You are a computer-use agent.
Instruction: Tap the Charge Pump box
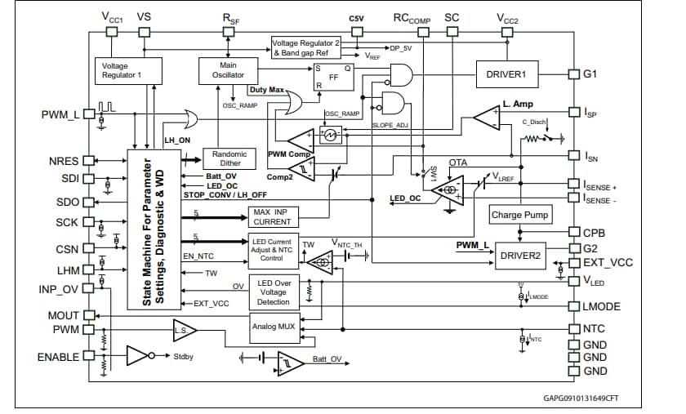click(520, 216)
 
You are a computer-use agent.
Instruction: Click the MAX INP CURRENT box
click(271, 216)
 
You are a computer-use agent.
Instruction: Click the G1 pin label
click(590, 73)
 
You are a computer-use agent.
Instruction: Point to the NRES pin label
click(64, 161)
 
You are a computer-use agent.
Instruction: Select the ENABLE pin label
click(59, 357)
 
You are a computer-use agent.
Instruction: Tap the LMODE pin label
click(602, 306)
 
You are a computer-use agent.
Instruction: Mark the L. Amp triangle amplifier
click(488, 117)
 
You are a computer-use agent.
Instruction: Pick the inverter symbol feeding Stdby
click(138, 357)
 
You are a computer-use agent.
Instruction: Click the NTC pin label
click(594, 329)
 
